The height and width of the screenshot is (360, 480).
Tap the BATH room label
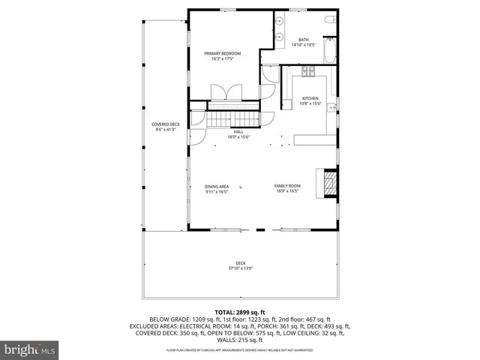click(x=304, y=40)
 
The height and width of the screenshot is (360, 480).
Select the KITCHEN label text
click(x=310, y=98)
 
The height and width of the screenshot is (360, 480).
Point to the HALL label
click(x=238, y=132)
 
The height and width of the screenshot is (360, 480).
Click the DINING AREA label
click(x=217, y=187)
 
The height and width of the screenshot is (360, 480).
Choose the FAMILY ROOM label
click(x=286, y=187)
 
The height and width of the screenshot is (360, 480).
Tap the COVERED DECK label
click(x=165, y=124)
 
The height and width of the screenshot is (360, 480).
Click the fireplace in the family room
click(x=328, y=183)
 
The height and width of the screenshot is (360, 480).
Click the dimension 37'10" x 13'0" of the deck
click(x=241, y=268)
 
